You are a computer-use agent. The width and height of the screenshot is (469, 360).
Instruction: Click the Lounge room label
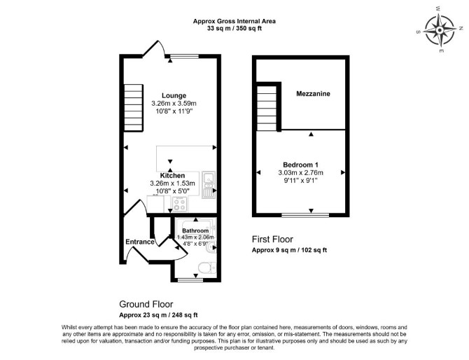pos(174,96)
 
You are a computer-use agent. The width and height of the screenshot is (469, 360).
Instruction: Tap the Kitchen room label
pos(172,175)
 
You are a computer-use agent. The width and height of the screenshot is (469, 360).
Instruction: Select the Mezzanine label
pos(313,94)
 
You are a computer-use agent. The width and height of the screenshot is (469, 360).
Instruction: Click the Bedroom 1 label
pos(300,165)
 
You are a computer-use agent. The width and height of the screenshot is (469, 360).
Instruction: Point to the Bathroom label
pos(195,230)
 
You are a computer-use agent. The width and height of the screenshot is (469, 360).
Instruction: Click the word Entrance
pos(140,242)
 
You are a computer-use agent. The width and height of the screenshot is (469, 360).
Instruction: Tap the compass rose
pos(440,30)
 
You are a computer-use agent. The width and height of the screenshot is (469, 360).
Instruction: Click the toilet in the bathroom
pos(207,267)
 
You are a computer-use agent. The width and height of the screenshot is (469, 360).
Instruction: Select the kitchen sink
pos(209,185)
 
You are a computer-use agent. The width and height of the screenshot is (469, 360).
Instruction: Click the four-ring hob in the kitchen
pos(179,204)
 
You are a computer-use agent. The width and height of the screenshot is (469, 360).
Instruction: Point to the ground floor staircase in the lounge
pos(134,108)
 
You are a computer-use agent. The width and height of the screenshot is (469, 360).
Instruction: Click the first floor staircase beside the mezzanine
pos(267,108)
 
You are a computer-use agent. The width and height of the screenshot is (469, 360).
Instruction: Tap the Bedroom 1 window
pos(305,215)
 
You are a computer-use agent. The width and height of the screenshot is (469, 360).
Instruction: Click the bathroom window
pos(190,280)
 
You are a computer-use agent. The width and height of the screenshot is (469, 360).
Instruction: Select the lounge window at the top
pos(183,56)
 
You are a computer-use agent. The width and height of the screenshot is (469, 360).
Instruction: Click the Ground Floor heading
pos(146,305)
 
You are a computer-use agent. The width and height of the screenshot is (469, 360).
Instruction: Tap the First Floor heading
pos(272,240)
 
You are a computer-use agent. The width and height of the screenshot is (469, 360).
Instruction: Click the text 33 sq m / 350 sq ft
pos(234,29)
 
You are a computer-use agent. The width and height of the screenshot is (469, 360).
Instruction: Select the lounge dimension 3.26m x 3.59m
pos(174,104)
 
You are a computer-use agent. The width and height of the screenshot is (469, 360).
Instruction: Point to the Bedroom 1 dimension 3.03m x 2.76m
pos(300,173)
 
